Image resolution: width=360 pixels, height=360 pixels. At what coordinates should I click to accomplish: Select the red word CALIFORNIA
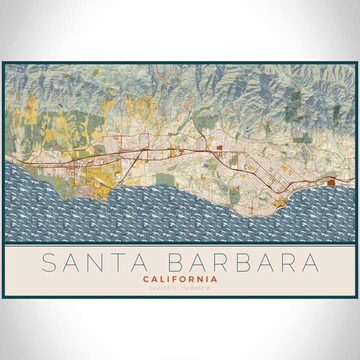click(x=180, y=279)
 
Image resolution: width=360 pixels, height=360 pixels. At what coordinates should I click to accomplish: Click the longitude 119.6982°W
click(x=198, y=289)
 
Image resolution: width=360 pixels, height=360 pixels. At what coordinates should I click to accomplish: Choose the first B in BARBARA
click(x=177, y=262)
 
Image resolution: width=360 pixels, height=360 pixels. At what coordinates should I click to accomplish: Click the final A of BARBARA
click(x=310, y=262)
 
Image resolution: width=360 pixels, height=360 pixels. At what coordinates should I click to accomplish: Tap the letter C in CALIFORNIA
click(x=146, y=279)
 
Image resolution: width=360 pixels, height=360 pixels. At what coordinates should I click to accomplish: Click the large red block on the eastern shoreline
click(x=331, y=181)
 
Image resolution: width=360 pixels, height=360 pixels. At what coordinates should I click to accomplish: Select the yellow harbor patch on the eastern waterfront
click(x=280, y=202)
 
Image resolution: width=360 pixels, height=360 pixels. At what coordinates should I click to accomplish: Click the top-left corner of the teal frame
click(x=3, y=63)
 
